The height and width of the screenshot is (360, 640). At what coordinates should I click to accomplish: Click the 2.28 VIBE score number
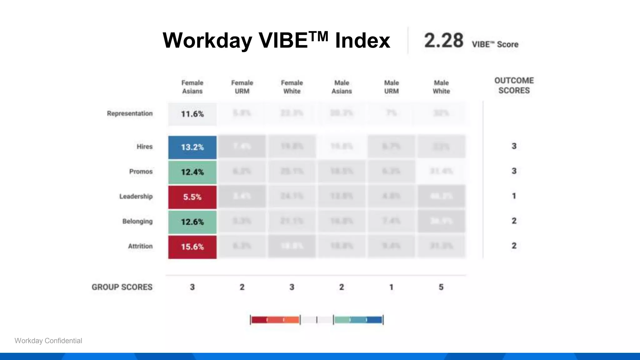click(443, 41)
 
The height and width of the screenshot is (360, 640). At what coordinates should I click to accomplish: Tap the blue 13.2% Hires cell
click(192, 147)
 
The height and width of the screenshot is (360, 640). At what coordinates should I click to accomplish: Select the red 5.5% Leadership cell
click(192, 197)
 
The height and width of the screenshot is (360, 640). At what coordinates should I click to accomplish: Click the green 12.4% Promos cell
click(192, 172)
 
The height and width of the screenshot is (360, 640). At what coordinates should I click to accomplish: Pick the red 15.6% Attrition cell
click(192, 247)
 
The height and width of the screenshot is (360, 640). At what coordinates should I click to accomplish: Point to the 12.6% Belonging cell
click(192, 222)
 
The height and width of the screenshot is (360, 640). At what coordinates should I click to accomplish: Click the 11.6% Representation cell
click(192, 114)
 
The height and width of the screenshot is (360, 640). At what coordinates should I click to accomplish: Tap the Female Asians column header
click(192, 87)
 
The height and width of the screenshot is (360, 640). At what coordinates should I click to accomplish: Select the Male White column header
click(441, 87)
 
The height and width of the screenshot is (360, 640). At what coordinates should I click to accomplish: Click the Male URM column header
click(391, 87)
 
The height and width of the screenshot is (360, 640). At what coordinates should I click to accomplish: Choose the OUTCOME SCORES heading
click(514, 85)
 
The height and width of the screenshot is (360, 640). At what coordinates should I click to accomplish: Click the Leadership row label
click(136, 196)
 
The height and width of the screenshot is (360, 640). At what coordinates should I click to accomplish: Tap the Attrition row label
click(140, 246)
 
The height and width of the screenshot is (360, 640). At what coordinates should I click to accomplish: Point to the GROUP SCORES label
click(122, 287)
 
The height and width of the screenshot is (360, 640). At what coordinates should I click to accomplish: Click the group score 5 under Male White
click(441, 287)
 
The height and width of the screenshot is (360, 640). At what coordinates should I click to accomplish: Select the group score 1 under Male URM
click(391, 287)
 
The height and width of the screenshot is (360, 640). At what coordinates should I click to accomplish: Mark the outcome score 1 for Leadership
click(514, 196)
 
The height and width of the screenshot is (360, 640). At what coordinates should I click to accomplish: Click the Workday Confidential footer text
click(48, 341)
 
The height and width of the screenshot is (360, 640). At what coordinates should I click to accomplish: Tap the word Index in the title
click(362, 41)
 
